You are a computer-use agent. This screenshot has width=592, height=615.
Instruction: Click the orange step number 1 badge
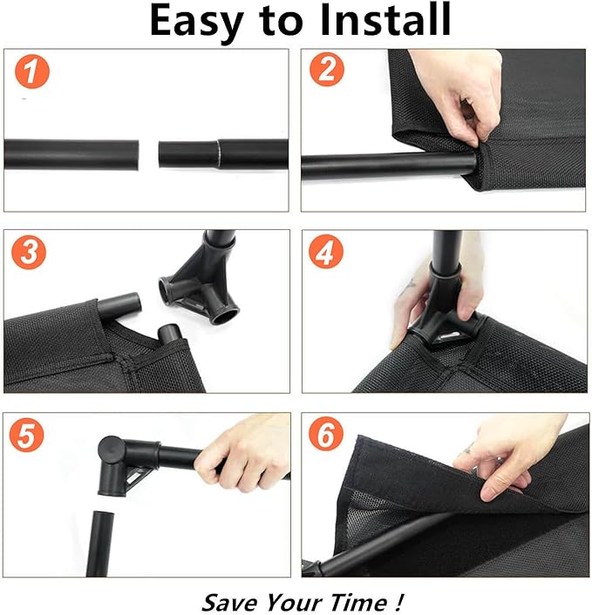pyautogui.click(x=32, y=71)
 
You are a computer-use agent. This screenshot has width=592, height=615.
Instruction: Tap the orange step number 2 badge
pyautogui.click(x=327, y=69)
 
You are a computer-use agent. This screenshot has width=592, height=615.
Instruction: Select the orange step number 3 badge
pyautogui.click(x=29, y=252)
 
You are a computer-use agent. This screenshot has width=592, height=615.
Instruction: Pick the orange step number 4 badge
pyautogui.click(x=326, y=252)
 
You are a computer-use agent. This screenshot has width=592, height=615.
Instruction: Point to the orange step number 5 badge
pyautogui.click(x=27, y=435)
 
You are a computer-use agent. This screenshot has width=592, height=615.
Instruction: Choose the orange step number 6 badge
pyautogui.click(x=326, y=434)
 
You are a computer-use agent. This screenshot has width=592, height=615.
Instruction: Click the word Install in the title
pyautogui.click(x=385, y=20)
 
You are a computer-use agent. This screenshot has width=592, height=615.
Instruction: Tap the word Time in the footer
pyautogui.click(x=358, y=602)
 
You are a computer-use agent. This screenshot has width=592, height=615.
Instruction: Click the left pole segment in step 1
pyautogui.click(x=71, y=154)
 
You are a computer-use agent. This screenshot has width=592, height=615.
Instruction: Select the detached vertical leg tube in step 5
pyautogui.click(x=99, y=544)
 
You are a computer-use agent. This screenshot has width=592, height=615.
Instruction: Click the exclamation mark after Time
pyautogui.click(x=398, y=602)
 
